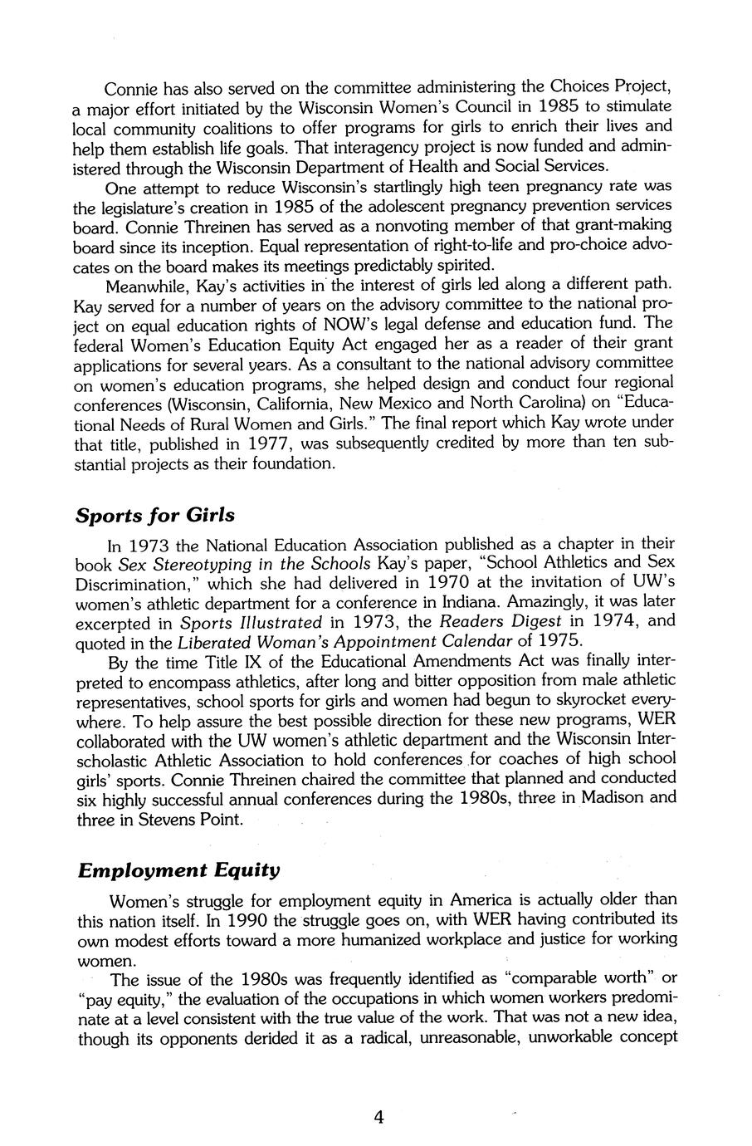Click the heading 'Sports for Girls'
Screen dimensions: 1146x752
point(155,515)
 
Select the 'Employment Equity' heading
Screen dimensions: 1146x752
point(178,870)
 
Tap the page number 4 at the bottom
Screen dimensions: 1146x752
point(378,1117)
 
